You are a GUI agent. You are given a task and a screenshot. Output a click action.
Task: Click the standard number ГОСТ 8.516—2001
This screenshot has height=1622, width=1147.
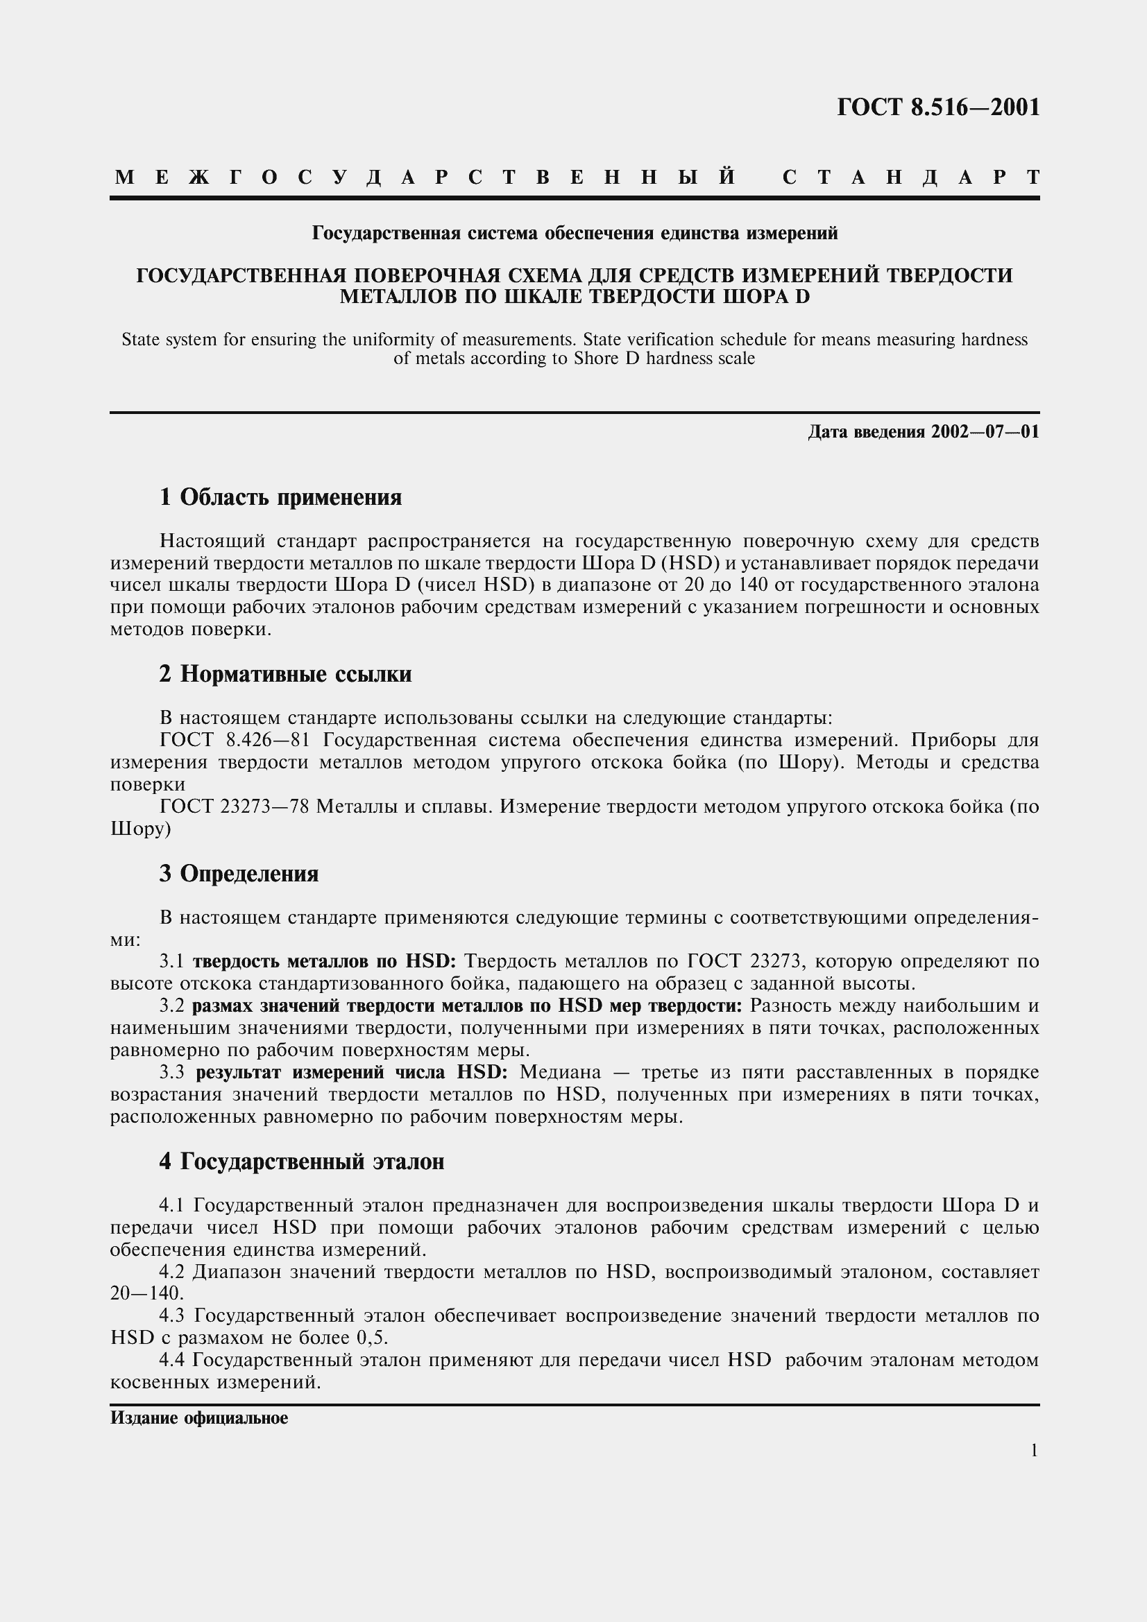tap(938, 107)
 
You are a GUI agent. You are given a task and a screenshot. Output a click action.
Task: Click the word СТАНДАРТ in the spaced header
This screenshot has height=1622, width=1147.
tap(911, 177)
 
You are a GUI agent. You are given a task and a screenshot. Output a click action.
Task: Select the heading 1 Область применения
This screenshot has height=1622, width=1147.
tap(280, 497)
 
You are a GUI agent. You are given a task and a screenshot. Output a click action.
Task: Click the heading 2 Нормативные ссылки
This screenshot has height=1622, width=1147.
tap(284, 674)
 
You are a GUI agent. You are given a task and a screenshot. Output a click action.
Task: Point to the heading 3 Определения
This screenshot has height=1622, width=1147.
tap(239, 874)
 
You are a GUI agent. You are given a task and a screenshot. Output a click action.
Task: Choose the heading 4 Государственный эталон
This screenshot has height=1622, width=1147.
tap(302, 1162)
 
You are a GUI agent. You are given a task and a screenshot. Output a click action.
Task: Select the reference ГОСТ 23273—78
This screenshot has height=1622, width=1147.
tap(235, 806)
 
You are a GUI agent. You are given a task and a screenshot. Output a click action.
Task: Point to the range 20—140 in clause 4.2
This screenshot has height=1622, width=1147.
tap(146, 1293)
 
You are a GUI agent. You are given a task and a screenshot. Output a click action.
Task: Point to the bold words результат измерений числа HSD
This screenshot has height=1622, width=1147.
tap(351, 1072)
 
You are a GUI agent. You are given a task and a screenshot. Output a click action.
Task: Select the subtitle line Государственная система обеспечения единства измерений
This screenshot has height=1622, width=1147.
tap(575, 233)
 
